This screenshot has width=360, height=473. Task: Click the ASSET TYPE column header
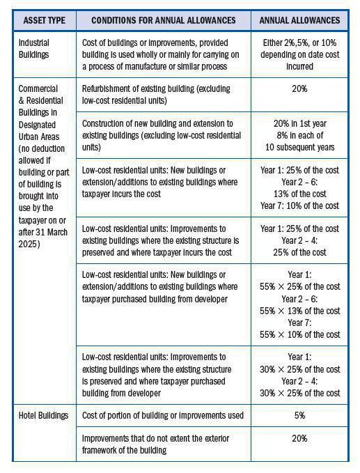click(43, 21)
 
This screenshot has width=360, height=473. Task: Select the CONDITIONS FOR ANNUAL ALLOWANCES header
click(164, 21)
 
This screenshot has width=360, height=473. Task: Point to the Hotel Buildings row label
click(44, 416)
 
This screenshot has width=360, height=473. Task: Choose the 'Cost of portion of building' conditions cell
click(163, 416)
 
